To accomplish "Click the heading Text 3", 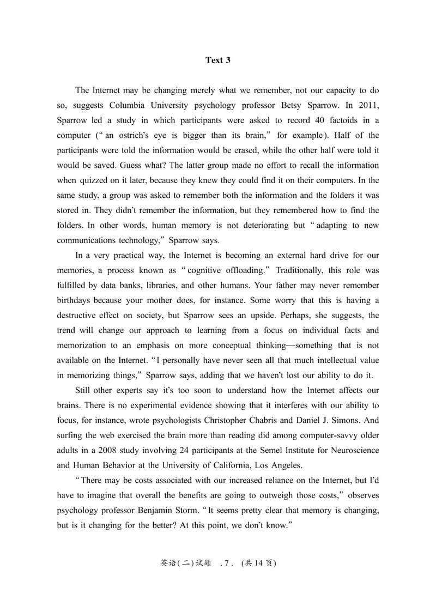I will (x=217, y=60).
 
